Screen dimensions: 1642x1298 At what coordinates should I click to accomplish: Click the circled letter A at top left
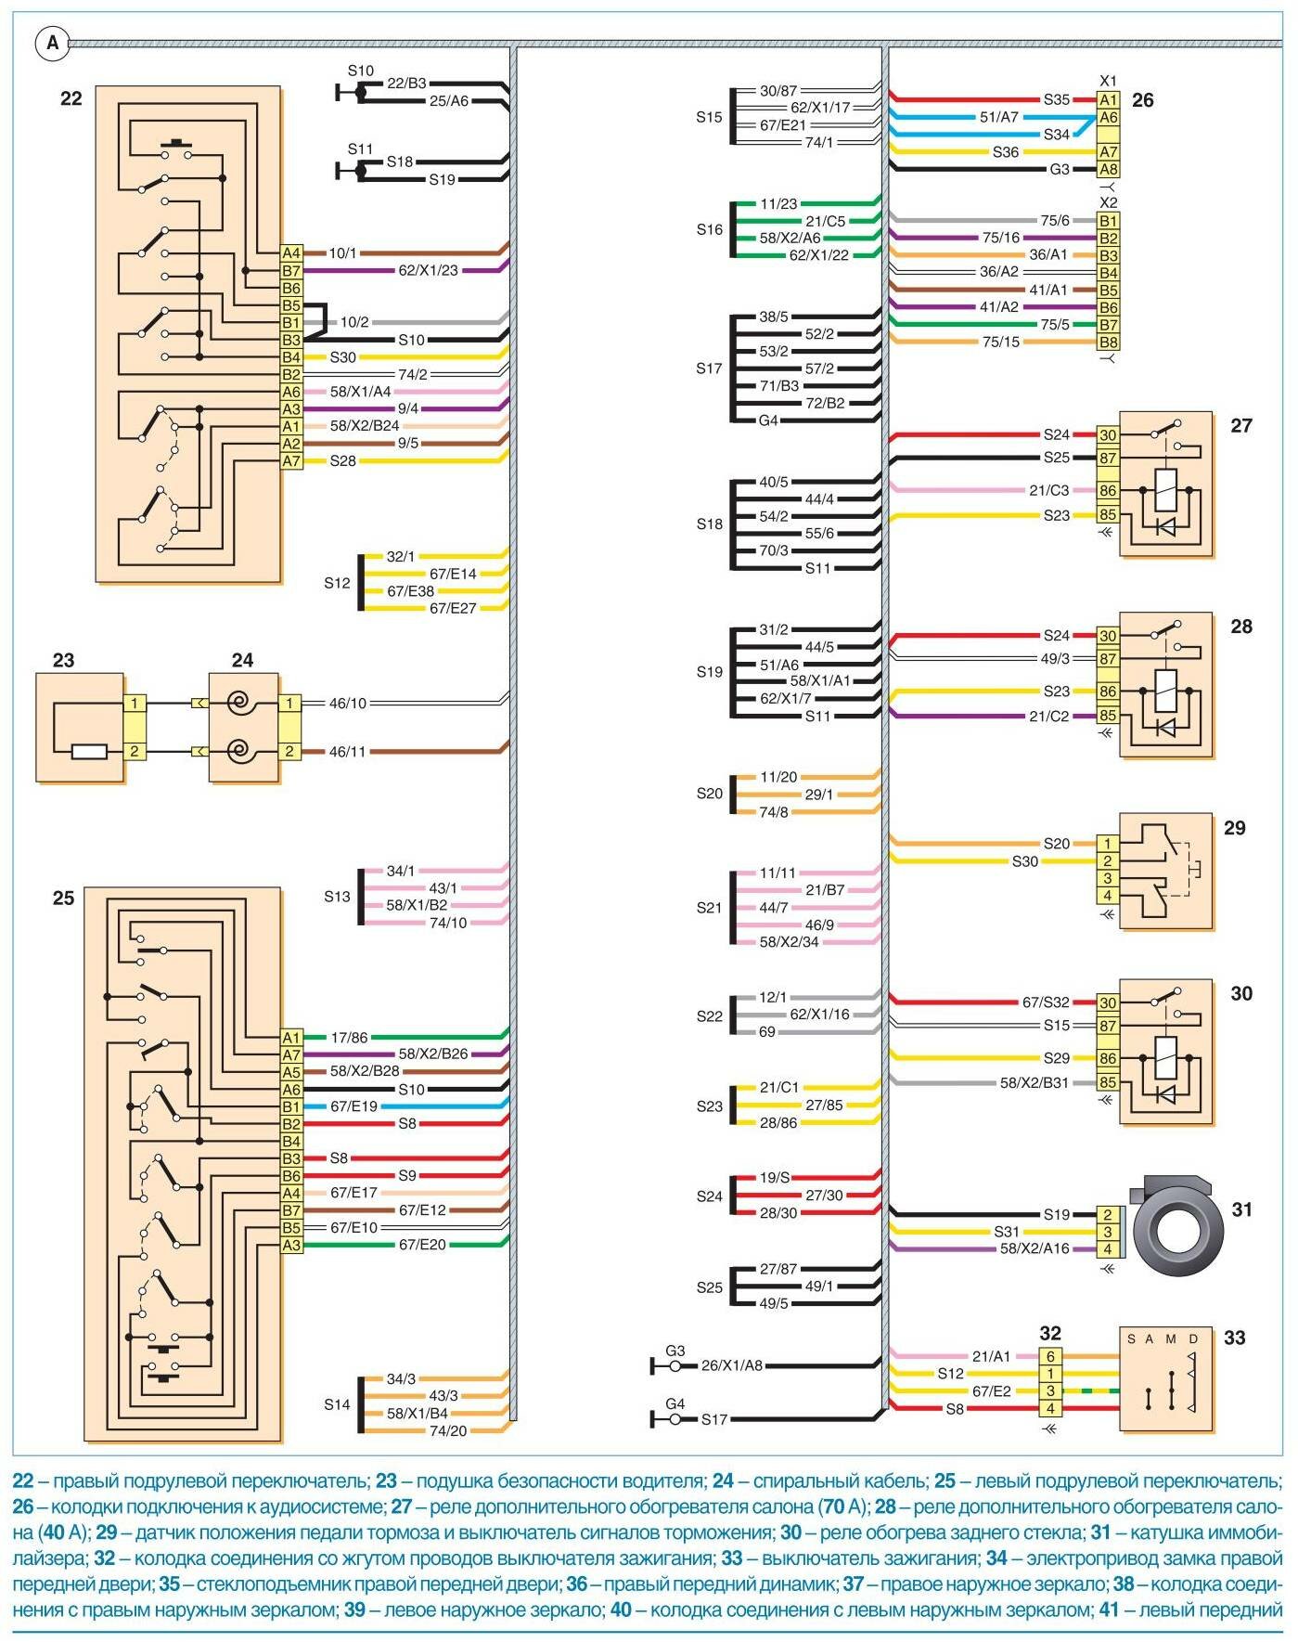(x=52, y=43)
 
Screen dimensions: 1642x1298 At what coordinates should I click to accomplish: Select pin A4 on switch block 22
(x=291, y=253)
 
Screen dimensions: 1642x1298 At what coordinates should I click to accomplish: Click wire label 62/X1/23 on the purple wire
(x=428, y=271)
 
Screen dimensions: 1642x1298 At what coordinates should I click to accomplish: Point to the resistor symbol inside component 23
(x=89, y=751)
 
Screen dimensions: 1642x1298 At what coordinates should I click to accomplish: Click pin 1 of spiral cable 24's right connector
(x=289, y=704)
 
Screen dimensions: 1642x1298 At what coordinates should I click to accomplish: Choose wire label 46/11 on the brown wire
(x=348, y=752)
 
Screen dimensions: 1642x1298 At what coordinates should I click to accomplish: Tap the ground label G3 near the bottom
(x=675, y=1351)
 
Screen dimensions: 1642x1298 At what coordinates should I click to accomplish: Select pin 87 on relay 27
(x=1108, y=459)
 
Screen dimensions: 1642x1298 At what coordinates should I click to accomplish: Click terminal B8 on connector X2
(x=1109, y=343)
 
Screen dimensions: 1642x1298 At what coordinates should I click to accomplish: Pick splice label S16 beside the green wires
(x=710, y=229)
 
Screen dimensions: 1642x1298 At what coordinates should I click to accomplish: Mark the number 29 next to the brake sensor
(x=1234, y=828)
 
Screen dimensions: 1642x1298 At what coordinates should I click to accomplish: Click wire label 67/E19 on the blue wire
(x=354, y=1106)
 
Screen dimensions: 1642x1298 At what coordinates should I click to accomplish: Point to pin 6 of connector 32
(x=1050, y=1357)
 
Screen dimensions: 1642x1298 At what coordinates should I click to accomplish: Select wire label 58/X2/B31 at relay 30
(x=1034, y=1083)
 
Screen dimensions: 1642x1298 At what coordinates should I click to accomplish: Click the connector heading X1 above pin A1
(x=1108, y=81)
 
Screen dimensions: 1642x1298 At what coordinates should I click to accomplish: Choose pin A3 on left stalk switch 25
(x=291, y=1246)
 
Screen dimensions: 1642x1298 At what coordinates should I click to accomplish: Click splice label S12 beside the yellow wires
(x=338, y=583)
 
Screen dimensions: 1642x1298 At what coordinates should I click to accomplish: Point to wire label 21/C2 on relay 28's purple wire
(x=1048, y=717)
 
